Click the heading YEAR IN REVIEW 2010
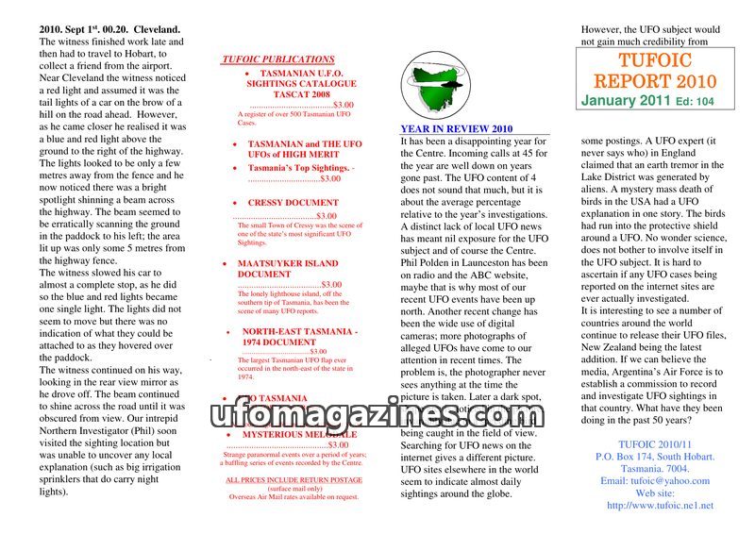(x=456, y=129)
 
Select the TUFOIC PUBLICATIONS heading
(x=278, y=59)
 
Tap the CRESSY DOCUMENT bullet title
(x=293, y=203)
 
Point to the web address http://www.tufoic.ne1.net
(x=660, y=505)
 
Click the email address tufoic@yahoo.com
(x=655, y=480)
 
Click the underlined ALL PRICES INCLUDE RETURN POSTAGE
(x=294, y=479)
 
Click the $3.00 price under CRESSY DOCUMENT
(x=327, y=216)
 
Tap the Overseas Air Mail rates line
(x=294, y=496)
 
